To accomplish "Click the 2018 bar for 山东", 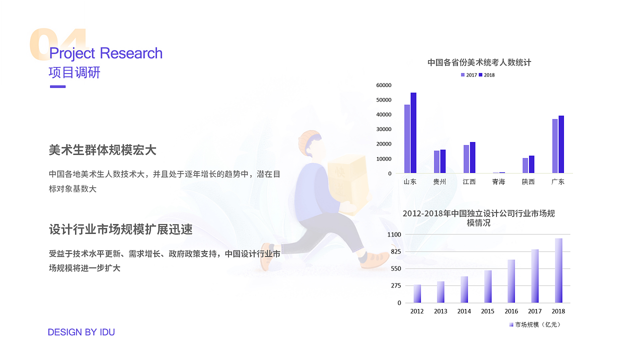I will coord(413,133).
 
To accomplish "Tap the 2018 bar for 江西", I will coord(472,157).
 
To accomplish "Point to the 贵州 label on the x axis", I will coord(439,182).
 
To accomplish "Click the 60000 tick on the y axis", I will coord(384,85).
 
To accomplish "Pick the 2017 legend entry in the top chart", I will coord(468,75).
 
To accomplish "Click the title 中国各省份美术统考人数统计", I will coord(479,62).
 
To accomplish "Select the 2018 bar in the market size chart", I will coord(558,270).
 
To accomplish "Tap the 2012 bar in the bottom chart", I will coord(417,293).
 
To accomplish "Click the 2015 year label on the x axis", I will coord(487,311).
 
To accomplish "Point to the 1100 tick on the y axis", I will coord(394,234).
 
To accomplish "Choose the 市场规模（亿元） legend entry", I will coord(534,325).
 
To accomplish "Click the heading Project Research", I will coord(106,53).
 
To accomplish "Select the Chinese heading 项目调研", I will coord(74,72).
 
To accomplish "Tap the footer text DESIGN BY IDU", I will coord(81,332).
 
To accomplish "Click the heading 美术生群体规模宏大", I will coord(102,150).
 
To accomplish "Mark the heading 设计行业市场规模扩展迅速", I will coord(120,229).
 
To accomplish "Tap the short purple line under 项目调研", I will coord(57,86).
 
